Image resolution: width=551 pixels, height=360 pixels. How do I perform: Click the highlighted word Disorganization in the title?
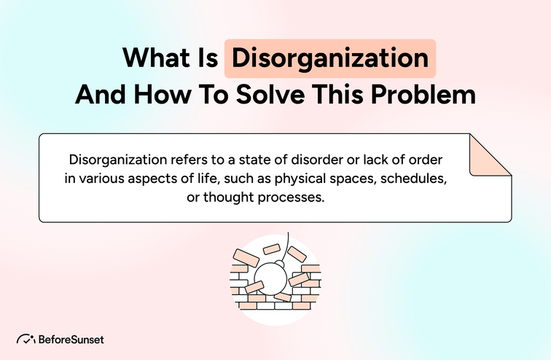coord(330,58)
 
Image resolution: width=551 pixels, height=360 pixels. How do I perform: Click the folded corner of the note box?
coord(488,154)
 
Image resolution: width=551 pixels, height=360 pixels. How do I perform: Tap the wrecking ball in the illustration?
coord(278,276)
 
